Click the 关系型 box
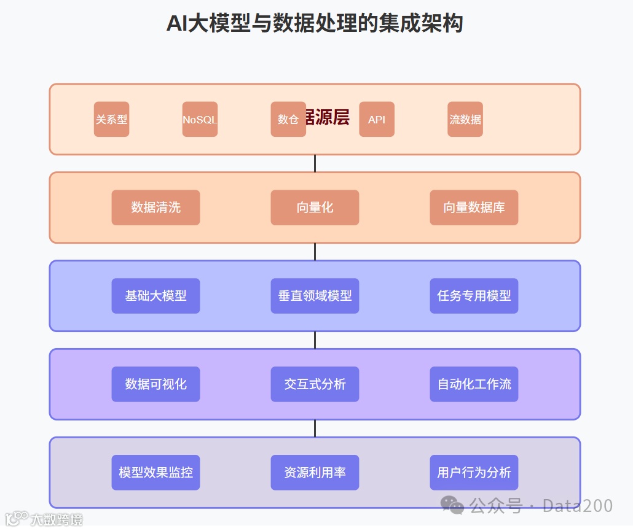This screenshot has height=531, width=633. click(x=111, y=119)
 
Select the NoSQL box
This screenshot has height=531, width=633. click(x=200, y=119)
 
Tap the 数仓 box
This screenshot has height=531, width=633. click(x=288, y=119)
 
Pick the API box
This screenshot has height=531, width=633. click(x=376, y=119)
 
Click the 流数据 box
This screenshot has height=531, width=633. click(x=465, y=119)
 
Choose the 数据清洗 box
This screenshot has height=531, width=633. click(x=155, y=207)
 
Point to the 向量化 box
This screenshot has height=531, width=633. click(x=315, y=207)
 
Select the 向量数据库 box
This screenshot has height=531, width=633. click(x=474, y=207)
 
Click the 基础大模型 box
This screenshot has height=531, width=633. click(x=155, y=296)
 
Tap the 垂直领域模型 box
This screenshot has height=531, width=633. click(x=315, y=296)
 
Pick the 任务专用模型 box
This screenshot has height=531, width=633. click(x=474, y=296)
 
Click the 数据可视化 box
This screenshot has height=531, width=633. click(x=155, y=384)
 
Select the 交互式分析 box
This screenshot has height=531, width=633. click(x=315, y=384)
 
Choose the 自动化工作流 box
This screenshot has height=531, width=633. click(x=474, y=384)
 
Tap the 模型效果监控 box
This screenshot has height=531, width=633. click(x=155, y=473)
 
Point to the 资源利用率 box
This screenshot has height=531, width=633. click(x=315, y=473)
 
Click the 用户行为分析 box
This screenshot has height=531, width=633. click(x=474, y=473)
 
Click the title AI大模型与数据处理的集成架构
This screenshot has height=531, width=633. click(x=315, y=23)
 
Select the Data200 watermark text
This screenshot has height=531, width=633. click(x=578, y=506)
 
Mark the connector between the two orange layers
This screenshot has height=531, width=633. click(x=315, y=163)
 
